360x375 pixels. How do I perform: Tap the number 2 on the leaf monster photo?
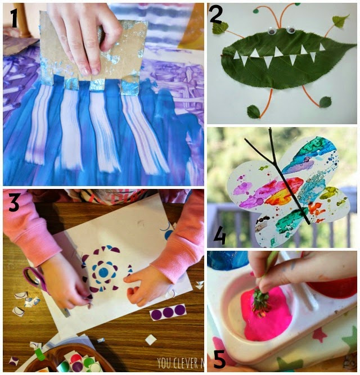[216, 15]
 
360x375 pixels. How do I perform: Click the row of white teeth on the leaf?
[276, 56]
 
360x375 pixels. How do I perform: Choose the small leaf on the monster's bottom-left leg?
[254, 111]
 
